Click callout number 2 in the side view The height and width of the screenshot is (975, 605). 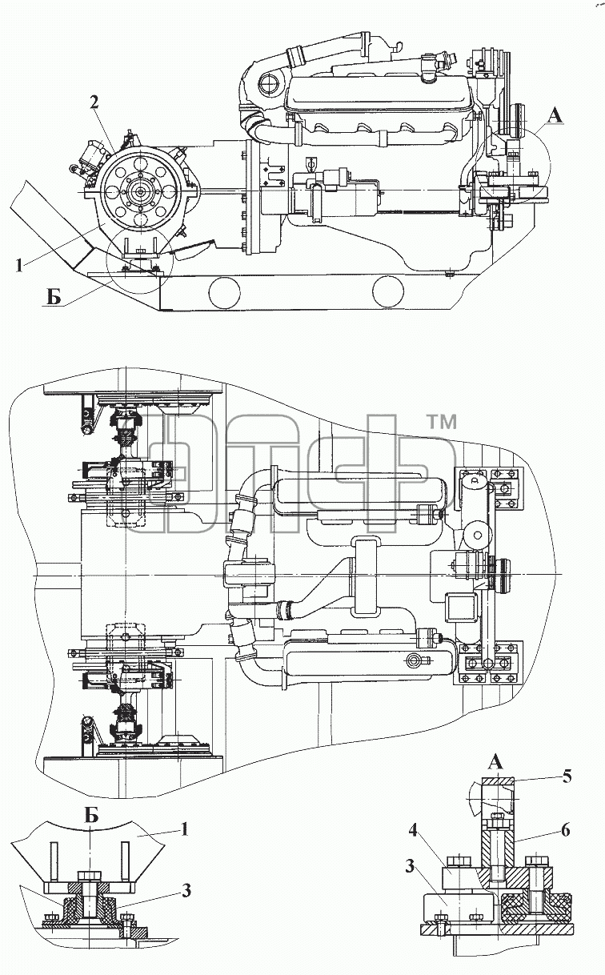click(94, 102)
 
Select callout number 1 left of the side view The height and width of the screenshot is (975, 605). click(18, 266)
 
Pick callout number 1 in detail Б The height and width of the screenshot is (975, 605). click(185, 829)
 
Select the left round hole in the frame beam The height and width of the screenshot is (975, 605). click(224, 292)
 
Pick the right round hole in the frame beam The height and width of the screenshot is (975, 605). click(389, 293)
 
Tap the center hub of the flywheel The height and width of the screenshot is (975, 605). click(140, 191)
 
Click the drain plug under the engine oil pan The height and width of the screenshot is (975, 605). click(450, 274)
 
